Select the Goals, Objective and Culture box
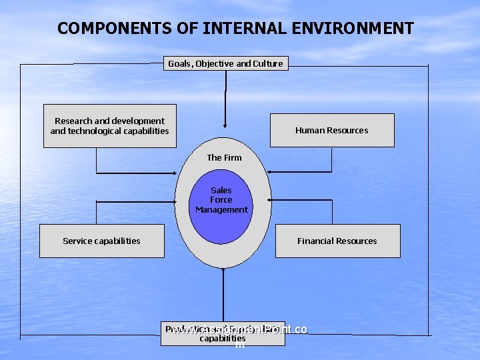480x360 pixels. point(226,63)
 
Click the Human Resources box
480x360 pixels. point(331,130)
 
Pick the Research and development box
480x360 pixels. point(110,125)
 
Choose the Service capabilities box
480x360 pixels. point(101,241)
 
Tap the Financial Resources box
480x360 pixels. point(337,241)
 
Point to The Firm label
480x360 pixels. point(224,157)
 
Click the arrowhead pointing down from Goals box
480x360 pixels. point(225,124)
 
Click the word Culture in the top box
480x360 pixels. point(268,63)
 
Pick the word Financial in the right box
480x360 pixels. point(316,241)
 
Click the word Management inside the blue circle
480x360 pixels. point(221,209)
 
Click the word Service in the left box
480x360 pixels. point(79,241)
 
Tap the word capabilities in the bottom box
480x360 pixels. point(223,338)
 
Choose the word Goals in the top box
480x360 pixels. point(179,63)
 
